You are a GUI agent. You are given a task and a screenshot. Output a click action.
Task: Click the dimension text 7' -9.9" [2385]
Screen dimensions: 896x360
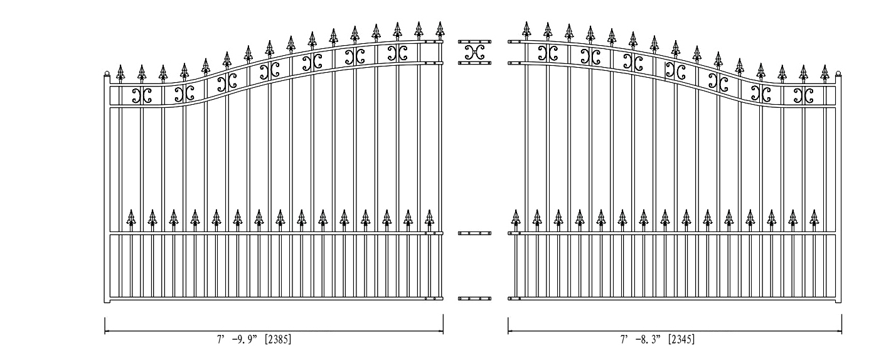[254, 339]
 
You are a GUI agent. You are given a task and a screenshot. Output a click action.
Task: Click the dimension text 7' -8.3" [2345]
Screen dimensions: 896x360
[658, 339]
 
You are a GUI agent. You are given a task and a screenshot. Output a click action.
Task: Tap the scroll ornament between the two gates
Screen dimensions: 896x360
[474, 52]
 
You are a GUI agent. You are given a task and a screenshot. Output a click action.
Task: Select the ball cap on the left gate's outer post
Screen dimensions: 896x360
[107, 73]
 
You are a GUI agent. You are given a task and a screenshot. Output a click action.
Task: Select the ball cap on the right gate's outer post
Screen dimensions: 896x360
[838, 73]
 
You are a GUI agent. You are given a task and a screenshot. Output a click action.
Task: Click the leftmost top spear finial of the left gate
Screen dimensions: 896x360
[120, 73]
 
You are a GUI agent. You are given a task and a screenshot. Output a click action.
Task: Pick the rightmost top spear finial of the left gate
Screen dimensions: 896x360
[440, 30]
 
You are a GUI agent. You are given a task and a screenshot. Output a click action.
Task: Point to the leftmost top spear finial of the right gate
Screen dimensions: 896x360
[526, 30]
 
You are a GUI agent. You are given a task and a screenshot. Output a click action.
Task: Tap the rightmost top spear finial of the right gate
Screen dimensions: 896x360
[824, 73]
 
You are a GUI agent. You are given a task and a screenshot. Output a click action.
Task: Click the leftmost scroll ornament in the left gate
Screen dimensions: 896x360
[142, 95]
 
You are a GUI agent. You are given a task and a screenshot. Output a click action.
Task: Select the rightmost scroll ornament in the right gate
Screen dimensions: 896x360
[804, 95]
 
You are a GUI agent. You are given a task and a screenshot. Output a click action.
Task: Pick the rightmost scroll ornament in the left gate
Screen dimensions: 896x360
[398, 53]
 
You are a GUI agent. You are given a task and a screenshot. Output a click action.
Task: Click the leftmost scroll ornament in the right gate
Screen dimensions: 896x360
[548, 53]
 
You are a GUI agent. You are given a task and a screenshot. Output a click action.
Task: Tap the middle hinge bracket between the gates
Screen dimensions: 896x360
[474, 233]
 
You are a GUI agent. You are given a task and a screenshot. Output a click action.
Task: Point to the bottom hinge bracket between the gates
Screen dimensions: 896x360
[474, 299]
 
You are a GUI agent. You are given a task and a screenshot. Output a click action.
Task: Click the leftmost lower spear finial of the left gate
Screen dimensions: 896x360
[131, 219]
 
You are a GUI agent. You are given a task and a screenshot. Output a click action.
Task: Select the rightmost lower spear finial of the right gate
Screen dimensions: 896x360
[814, 219]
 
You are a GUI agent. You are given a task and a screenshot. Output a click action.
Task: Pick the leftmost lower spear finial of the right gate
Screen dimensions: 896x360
[516, 219]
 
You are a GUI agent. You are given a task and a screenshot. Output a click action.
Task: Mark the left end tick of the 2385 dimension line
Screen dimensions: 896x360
[105, 326]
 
